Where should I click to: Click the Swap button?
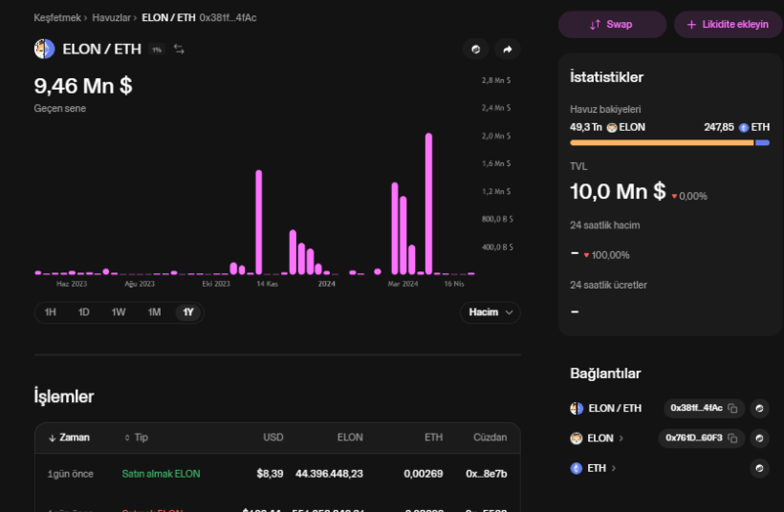[x=612, y=24]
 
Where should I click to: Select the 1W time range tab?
[x=119, y=312]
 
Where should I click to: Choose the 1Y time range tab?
[x=188, y=312]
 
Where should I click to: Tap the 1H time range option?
[x=51, y=312]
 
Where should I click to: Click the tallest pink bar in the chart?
[x=428, y=203]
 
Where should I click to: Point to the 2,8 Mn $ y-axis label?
[x=495, y=80]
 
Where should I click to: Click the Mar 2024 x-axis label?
[x=403, y=284]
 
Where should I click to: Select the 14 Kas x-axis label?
[x=267, y=284]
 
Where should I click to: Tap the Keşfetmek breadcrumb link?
[x=57, y=18]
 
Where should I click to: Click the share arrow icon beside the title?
[x=508, y=50]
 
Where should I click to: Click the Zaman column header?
[x=74, y=437]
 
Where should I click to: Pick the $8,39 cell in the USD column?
[x=270, y=474]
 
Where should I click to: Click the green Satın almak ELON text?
[x=161, y=474]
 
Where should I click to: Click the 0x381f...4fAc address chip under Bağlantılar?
[x=704, y=409]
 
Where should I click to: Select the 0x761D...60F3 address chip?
[x=701, y=438]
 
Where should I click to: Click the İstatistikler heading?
[x=606, y=77]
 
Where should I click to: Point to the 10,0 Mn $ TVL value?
[x=617, y=191]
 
